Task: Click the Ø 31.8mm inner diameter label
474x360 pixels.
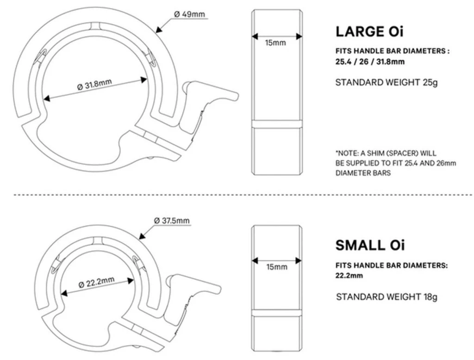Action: [95, 86]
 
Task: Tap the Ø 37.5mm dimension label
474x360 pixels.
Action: [171, 221]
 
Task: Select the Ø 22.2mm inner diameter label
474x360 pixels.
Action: [96, 283]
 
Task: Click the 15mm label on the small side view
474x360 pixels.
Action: [276, 267]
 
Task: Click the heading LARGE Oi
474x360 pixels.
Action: [369, 32]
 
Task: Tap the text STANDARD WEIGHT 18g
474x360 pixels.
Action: [387, 297]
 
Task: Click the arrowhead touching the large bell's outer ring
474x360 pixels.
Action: [158, 32]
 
